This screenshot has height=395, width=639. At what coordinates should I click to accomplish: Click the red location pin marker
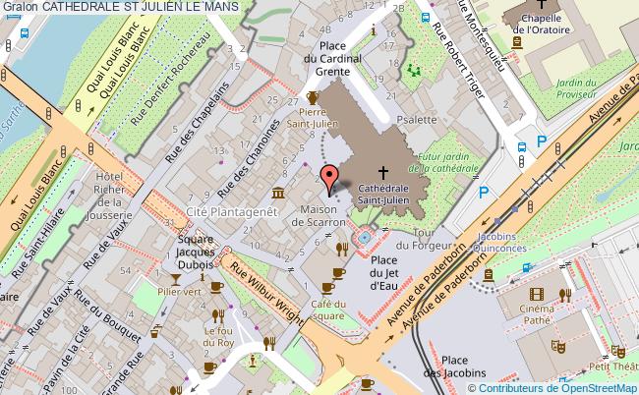[x=332, y=177]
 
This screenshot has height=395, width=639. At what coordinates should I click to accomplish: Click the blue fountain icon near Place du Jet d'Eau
[x=365, y=237]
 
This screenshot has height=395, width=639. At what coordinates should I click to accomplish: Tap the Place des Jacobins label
[x=468, y=366]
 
